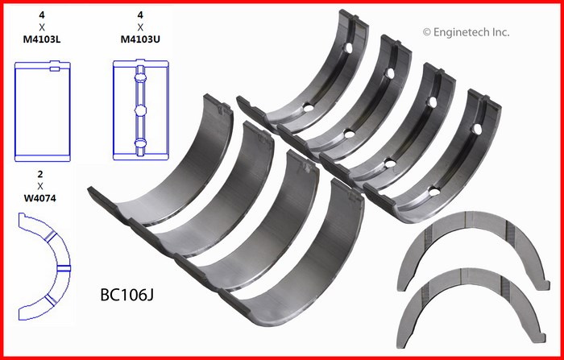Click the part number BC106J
127,295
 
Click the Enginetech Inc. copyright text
467,32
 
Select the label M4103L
42,39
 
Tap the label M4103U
140,39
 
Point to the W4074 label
40,198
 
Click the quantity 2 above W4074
40,175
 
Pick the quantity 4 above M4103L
42,15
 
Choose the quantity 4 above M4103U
140,15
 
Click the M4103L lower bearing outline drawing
43,111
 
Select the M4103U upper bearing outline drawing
141,110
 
